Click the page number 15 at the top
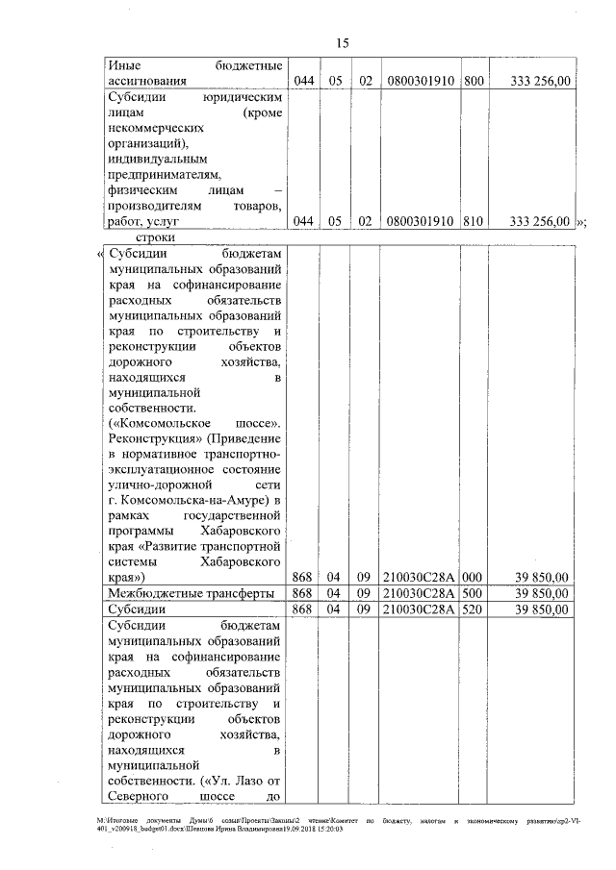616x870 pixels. [342, 43]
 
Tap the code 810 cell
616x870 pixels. [473, 221]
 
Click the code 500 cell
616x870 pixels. [473, 593]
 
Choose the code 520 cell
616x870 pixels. [473, 609]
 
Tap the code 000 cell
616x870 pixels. [473, 577]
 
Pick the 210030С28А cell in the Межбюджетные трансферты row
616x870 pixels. [421, 593]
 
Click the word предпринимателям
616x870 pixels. [165, 174]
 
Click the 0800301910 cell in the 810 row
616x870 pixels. [421, 221]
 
